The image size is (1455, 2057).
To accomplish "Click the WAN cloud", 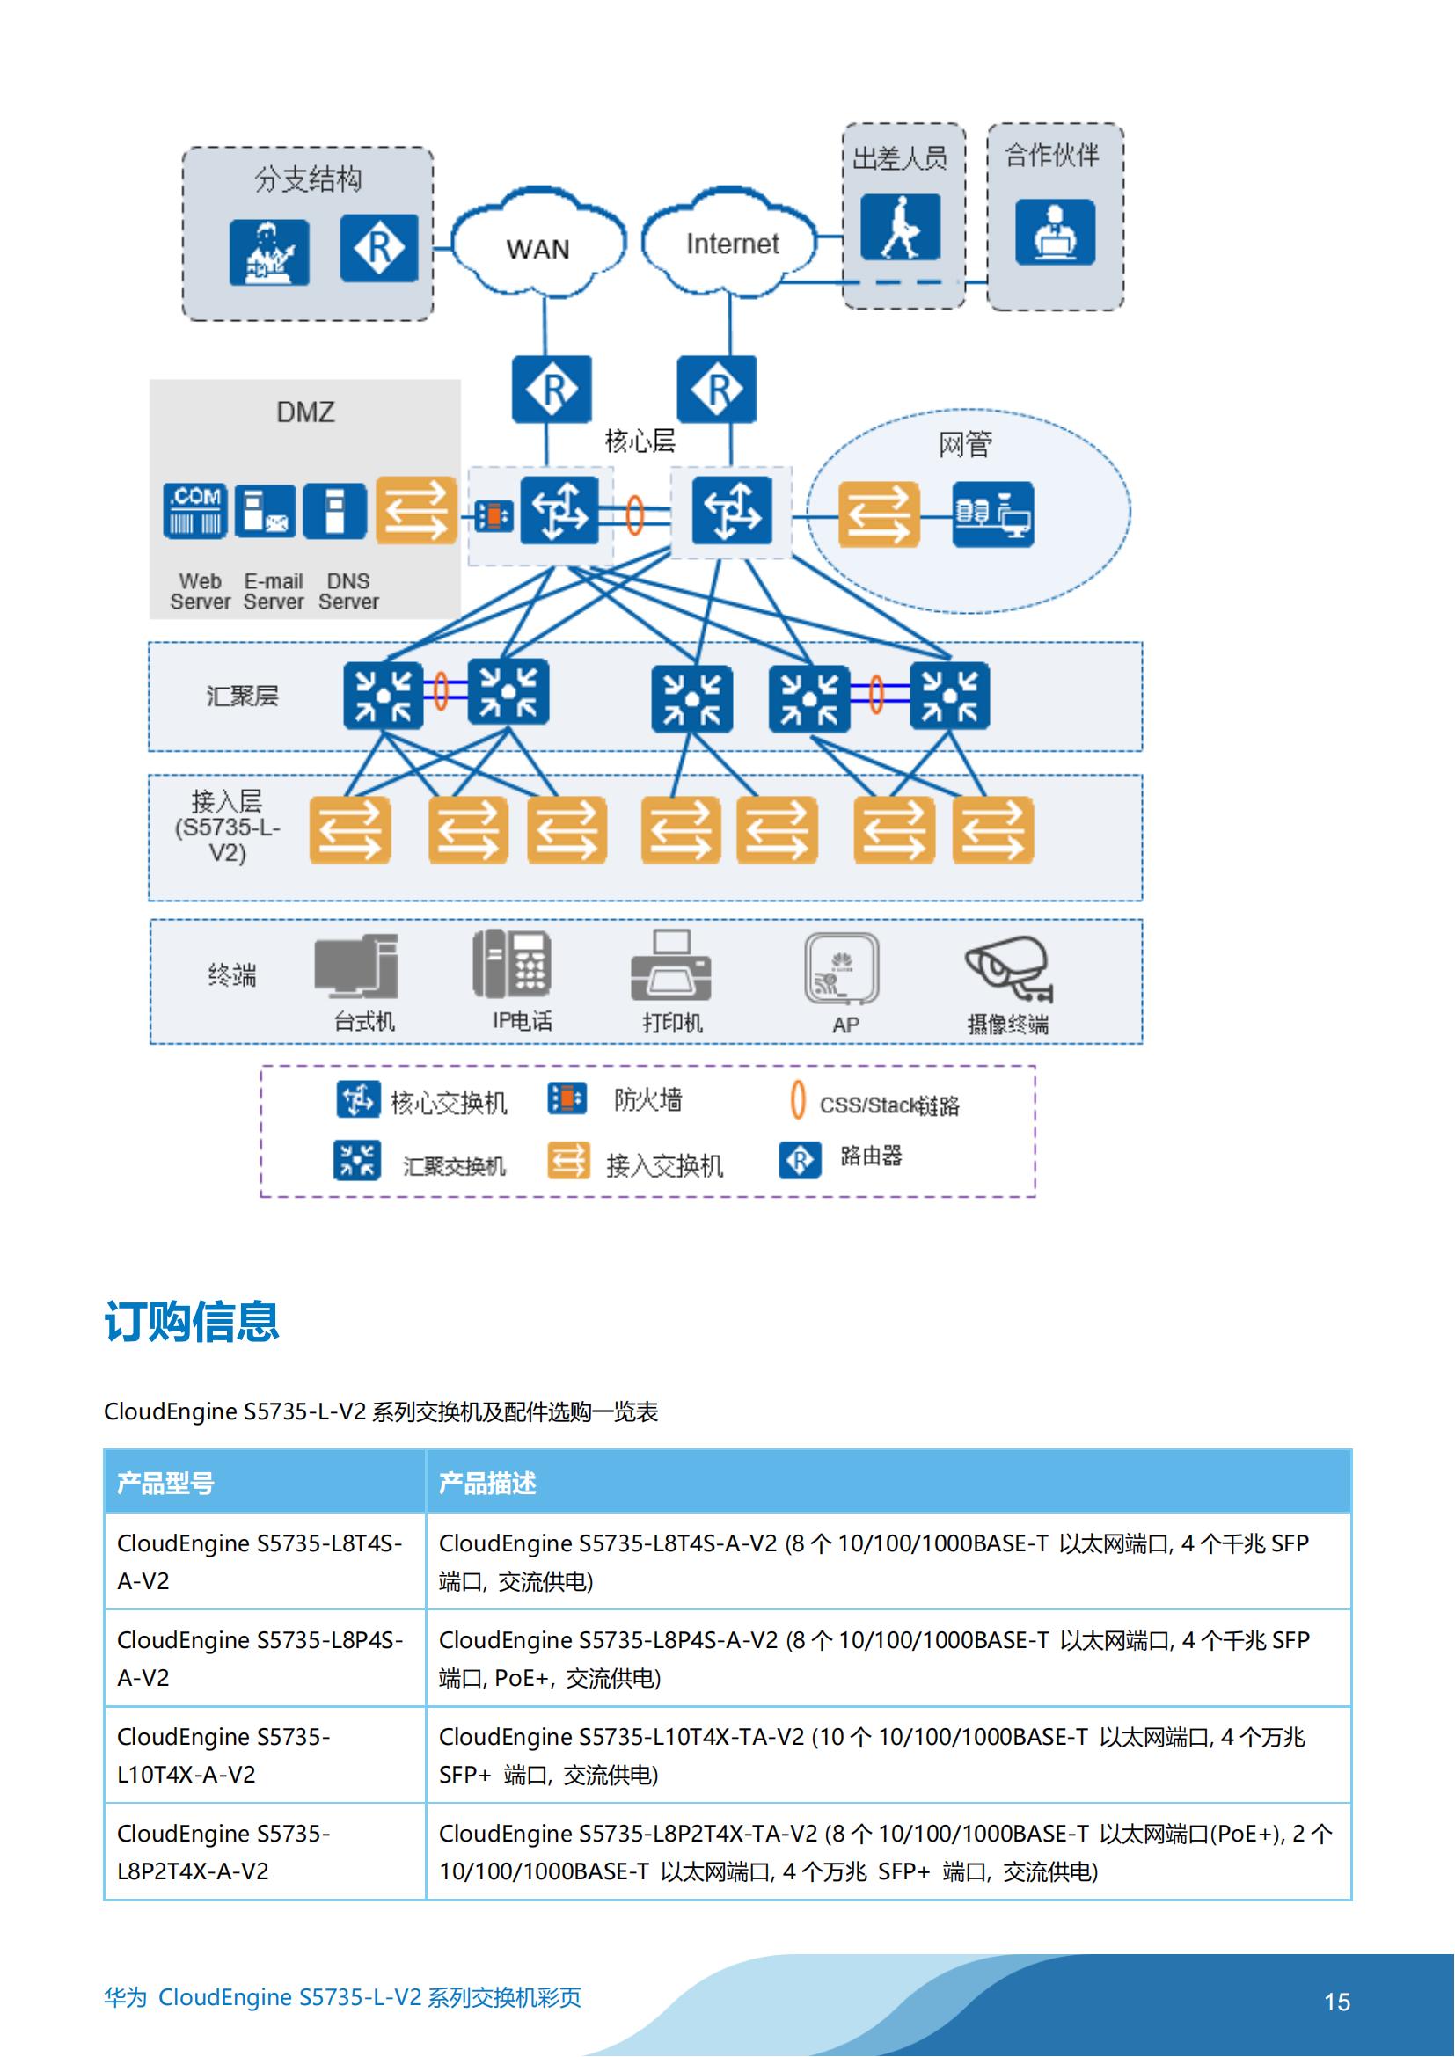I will click(537, 246).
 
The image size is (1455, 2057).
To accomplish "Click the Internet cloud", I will click(731, 244).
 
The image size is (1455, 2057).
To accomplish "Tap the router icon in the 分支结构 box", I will click(379, 248).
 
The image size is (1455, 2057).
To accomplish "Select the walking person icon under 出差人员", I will click(901, 227).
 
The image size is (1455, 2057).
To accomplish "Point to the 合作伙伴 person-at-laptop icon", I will click(1055, 231).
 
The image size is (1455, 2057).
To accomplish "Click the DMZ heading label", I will click(305, 412).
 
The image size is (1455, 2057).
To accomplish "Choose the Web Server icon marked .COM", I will click(195, 511).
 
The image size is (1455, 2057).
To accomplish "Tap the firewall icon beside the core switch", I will click(493, 515).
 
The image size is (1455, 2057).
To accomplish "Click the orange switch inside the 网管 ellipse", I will click(878, 514).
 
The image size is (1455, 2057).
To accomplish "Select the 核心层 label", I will click(640, 441).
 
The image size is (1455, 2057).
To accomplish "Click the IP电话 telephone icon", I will click(512, 964).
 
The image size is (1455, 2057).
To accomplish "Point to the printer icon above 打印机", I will click(671, 966).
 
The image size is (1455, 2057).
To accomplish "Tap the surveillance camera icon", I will click(1008, 967).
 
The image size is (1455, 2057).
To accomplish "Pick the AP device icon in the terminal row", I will click(841, 969).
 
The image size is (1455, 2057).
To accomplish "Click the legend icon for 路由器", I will click(799, 1160).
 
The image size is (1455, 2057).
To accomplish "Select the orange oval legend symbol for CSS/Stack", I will click(797, 1101).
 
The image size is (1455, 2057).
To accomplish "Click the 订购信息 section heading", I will click(192, 1321).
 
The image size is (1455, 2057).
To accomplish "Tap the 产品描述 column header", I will click(487, 1484).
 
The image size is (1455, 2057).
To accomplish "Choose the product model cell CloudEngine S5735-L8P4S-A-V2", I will click(260, 1658).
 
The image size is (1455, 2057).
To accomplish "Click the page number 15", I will click(1337, 2002).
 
